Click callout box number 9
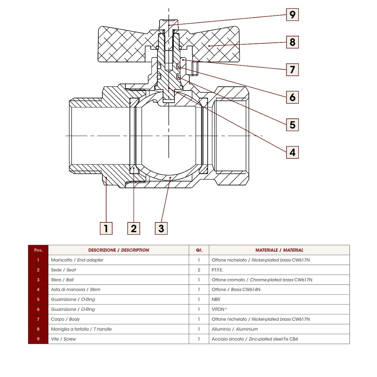pos(292,15)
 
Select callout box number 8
pos(292,42)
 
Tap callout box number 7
pos(292,70)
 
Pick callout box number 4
pos(292,152)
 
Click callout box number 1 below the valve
pos(106,228)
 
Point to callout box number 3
pos(161,228)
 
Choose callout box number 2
pos(134,228)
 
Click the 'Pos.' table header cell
pos(38,250)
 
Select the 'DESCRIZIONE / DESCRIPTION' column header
pos(118,250)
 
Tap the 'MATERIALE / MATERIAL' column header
pos(279,250)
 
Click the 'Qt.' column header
pos(199,250)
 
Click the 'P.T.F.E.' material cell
pos(217,270)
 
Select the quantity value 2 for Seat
pos(199,270)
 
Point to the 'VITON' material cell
pos(219,309)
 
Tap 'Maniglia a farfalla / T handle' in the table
pos(81,329)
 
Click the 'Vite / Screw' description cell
pos(63,339)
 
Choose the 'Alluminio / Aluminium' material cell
pos(235,329)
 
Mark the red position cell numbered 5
pos(38,299)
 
